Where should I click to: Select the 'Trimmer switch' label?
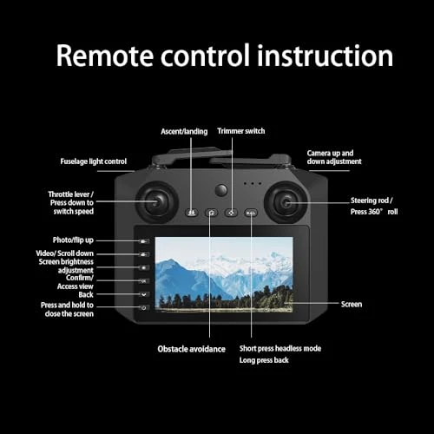(x=240, y=131)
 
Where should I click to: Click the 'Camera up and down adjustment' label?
(x=334, y=157)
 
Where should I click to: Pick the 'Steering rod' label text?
(x=375, y=201)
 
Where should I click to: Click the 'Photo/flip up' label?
(x=72, y=239)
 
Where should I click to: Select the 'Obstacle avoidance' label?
(x=191, y=349)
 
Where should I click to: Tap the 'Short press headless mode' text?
(x=280, y=348)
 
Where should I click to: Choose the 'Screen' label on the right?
(x=352, y=304)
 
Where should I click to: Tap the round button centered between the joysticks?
(x=221, y=188)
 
